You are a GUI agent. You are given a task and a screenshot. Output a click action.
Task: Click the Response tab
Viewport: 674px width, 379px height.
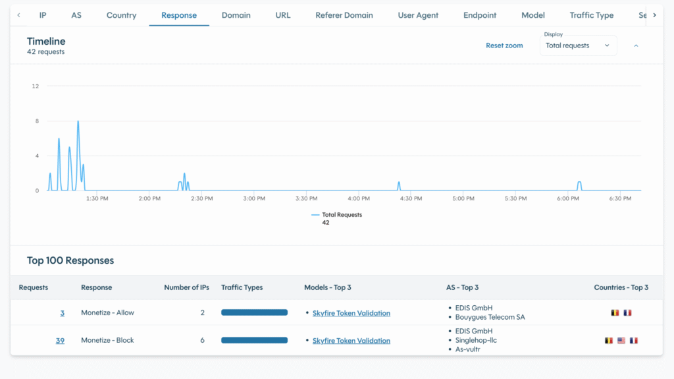point(179,15)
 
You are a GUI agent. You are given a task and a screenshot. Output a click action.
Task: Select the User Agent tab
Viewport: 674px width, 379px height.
point(418,15)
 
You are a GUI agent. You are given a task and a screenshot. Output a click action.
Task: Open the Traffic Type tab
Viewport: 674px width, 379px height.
point(591,15)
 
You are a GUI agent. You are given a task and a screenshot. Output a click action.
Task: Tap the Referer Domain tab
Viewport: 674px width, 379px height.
point(344,15)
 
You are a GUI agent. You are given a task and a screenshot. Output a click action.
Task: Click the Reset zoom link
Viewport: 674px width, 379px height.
point(504,45)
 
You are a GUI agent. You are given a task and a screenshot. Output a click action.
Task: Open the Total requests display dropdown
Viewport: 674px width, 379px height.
point(578,45)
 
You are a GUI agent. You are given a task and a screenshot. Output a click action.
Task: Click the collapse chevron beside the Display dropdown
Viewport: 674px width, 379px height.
point(636,45)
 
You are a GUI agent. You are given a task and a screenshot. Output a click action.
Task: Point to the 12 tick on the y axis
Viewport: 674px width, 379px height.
point(36,86)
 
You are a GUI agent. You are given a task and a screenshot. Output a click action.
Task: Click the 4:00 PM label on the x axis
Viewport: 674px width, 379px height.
point(359,198)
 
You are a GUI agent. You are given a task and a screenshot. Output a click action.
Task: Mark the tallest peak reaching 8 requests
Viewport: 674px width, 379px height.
point(78,122)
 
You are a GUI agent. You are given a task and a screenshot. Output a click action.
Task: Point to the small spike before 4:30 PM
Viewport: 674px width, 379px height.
point(399,185)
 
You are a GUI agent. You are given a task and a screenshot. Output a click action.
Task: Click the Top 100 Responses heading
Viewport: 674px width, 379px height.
point(70,260)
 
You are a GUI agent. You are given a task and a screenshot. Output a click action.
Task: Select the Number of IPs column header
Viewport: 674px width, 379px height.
point(186,287)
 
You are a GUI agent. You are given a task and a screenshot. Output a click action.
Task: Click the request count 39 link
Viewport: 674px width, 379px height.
point(60,341)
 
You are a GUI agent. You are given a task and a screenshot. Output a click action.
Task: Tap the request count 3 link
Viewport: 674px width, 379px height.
point(63,313)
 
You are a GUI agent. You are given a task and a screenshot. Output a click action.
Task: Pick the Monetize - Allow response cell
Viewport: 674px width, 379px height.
point(107,313)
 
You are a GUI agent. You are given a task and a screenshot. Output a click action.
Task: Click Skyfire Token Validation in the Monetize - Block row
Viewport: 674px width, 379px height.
point(351,341)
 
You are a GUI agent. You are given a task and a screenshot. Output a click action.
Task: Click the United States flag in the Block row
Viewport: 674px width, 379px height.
point(621,341)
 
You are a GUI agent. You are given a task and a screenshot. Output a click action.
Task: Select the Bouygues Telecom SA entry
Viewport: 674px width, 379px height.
point(490,317)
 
